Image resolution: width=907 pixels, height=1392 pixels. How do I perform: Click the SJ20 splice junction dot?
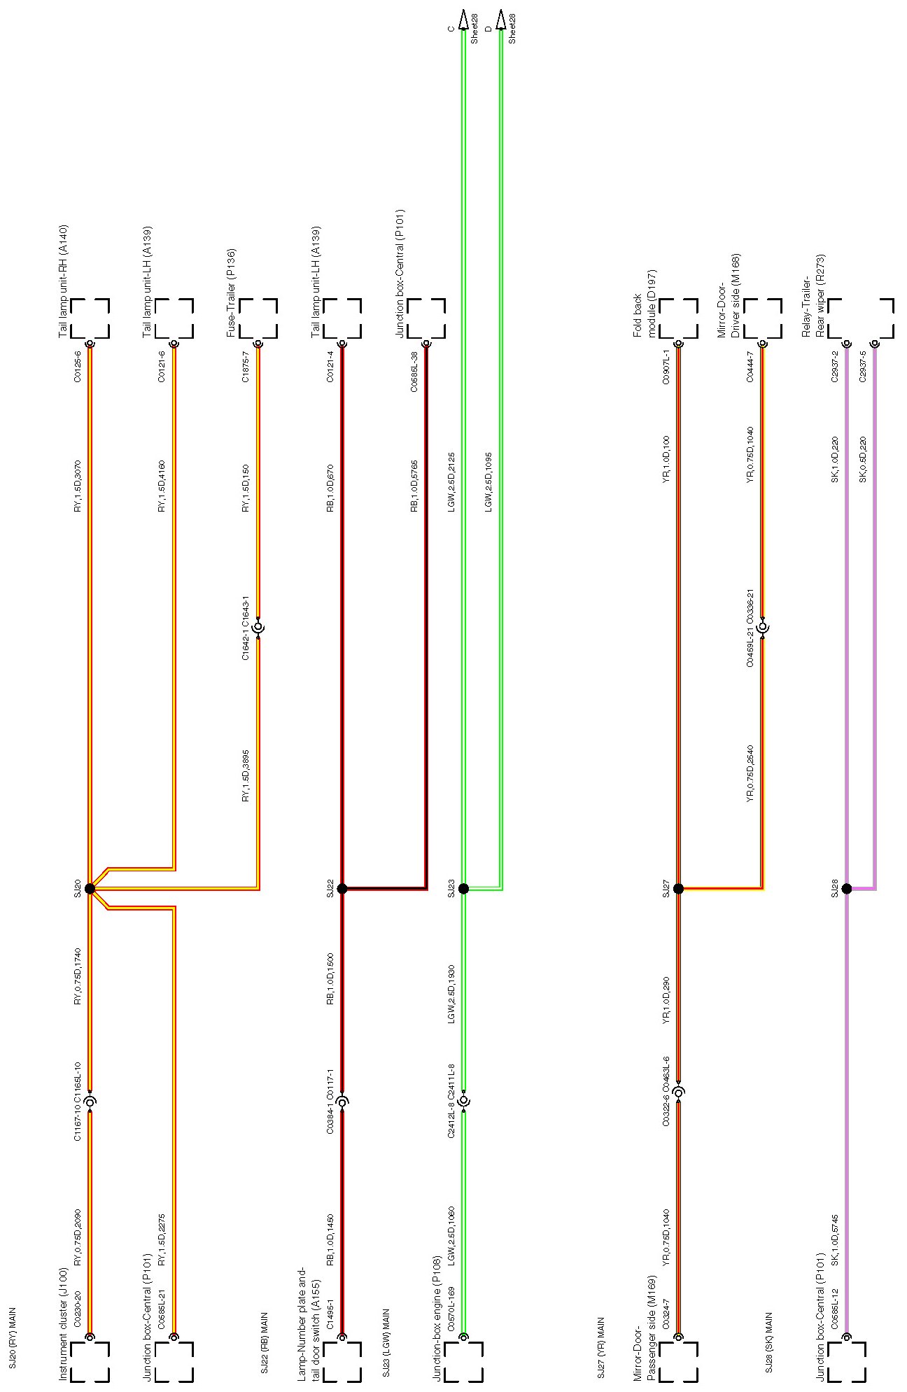point(90,889)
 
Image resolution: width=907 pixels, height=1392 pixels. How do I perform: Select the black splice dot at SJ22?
point(342,889)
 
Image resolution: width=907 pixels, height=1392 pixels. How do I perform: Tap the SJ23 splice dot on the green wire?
point(463,889)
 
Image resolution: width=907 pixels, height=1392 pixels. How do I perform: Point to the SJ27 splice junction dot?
point(678,889)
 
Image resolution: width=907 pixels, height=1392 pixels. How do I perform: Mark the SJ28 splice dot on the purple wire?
point(847,889)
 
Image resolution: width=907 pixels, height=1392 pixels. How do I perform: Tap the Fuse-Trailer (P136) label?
point(231,293)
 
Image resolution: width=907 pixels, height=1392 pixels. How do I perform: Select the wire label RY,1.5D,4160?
point(162,487)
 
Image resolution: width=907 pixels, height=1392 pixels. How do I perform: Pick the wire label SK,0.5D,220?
point(863,459)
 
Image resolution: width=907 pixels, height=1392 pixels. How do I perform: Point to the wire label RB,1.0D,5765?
point(414,487)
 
